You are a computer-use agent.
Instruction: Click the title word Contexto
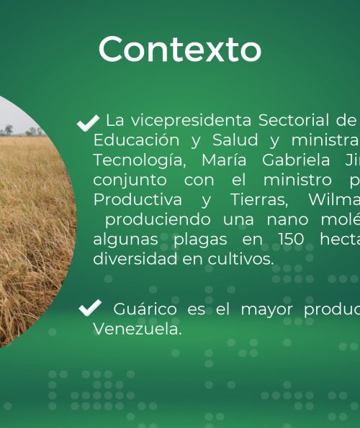180,49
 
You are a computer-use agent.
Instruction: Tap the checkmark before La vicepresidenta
88,123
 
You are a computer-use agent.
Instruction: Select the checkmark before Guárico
90,308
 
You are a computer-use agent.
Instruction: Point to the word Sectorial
294,120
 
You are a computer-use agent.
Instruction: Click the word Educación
136,140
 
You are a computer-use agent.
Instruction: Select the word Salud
235,140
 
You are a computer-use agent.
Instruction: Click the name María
224,160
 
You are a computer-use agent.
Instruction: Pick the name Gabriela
296,160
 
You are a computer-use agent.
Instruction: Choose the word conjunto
130,181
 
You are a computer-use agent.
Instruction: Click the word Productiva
138,199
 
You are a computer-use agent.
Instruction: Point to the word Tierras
259,199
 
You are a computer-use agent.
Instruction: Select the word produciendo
158,219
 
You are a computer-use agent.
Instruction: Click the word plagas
200,240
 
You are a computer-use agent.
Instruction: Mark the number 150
291,240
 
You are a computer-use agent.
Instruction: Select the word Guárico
145,309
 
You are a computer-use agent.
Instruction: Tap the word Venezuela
138,329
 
